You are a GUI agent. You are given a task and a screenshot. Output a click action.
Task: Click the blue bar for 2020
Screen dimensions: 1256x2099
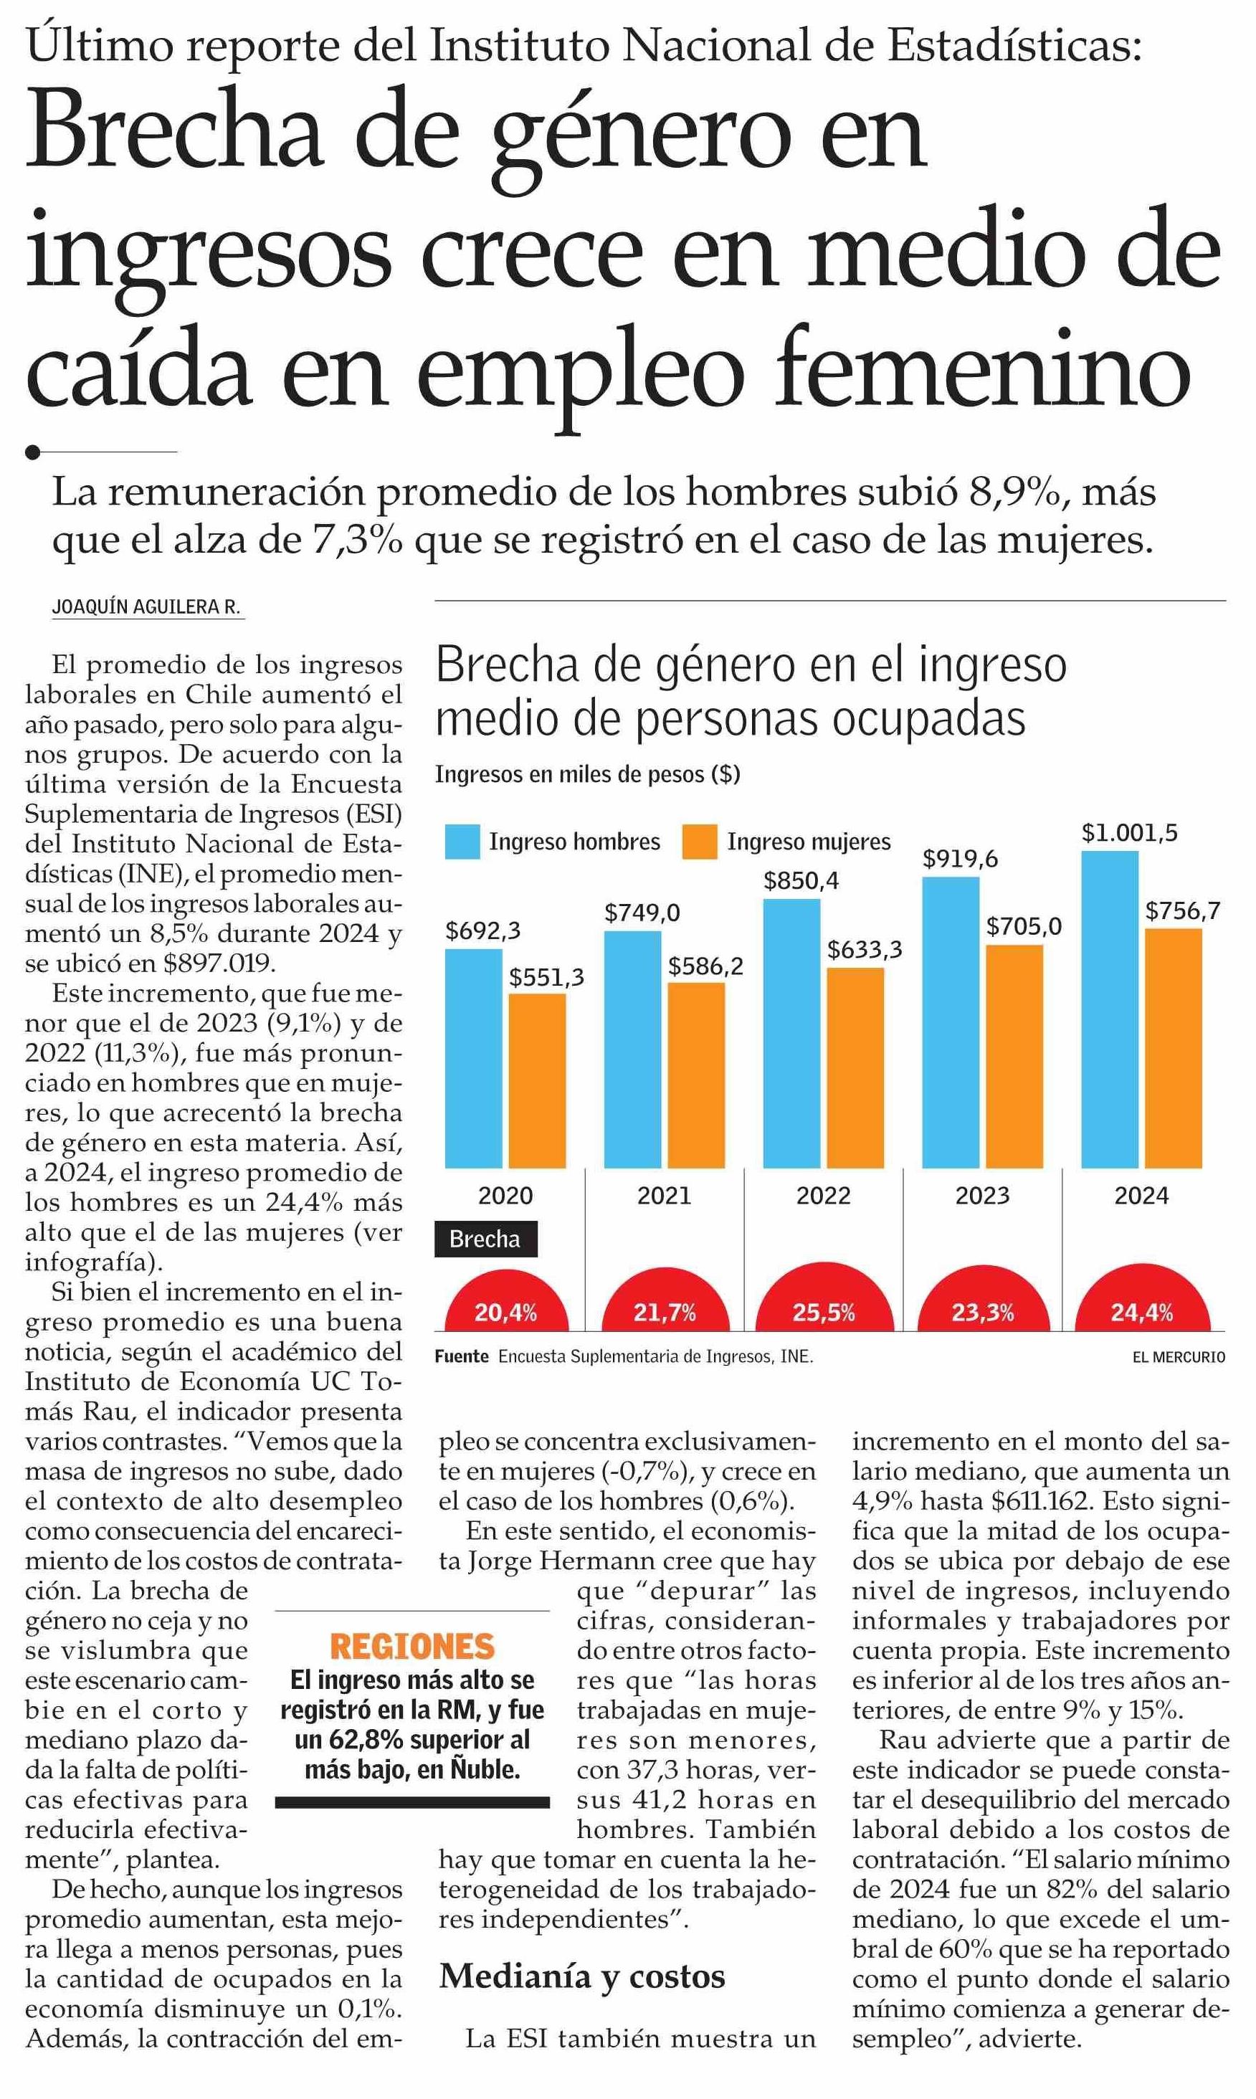click(473, 1058)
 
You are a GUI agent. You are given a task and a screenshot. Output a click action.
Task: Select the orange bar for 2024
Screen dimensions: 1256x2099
click(1173, 1048)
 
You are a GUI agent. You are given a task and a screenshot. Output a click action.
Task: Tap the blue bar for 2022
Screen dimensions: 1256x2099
click(791, 1034)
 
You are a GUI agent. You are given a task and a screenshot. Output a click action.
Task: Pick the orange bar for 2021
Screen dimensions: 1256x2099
click(695, 1075)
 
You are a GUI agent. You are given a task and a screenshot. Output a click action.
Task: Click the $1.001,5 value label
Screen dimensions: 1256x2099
click(1129, 833)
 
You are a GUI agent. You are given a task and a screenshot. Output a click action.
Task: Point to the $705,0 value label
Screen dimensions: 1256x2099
click(1023, 926)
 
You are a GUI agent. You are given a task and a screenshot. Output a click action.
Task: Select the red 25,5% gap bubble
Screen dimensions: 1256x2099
click(824, 1297)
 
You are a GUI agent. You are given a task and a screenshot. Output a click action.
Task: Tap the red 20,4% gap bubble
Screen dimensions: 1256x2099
click(506, 1299)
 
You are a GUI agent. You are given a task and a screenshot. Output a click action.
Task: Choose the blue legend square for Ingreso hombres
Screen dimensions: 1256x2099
click(462, 842)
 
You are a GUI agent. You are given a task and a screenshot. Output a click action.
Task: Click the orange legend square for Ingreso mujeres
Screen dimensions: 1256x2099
click(699, 842)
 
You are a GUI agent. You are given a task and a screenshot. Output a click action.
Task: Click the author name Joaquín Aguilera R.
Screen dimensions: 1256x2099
click(146, 607)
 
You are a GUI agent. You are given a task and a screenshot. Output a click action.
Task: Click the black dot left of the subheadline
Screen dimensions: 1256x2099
click(33, 452)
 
